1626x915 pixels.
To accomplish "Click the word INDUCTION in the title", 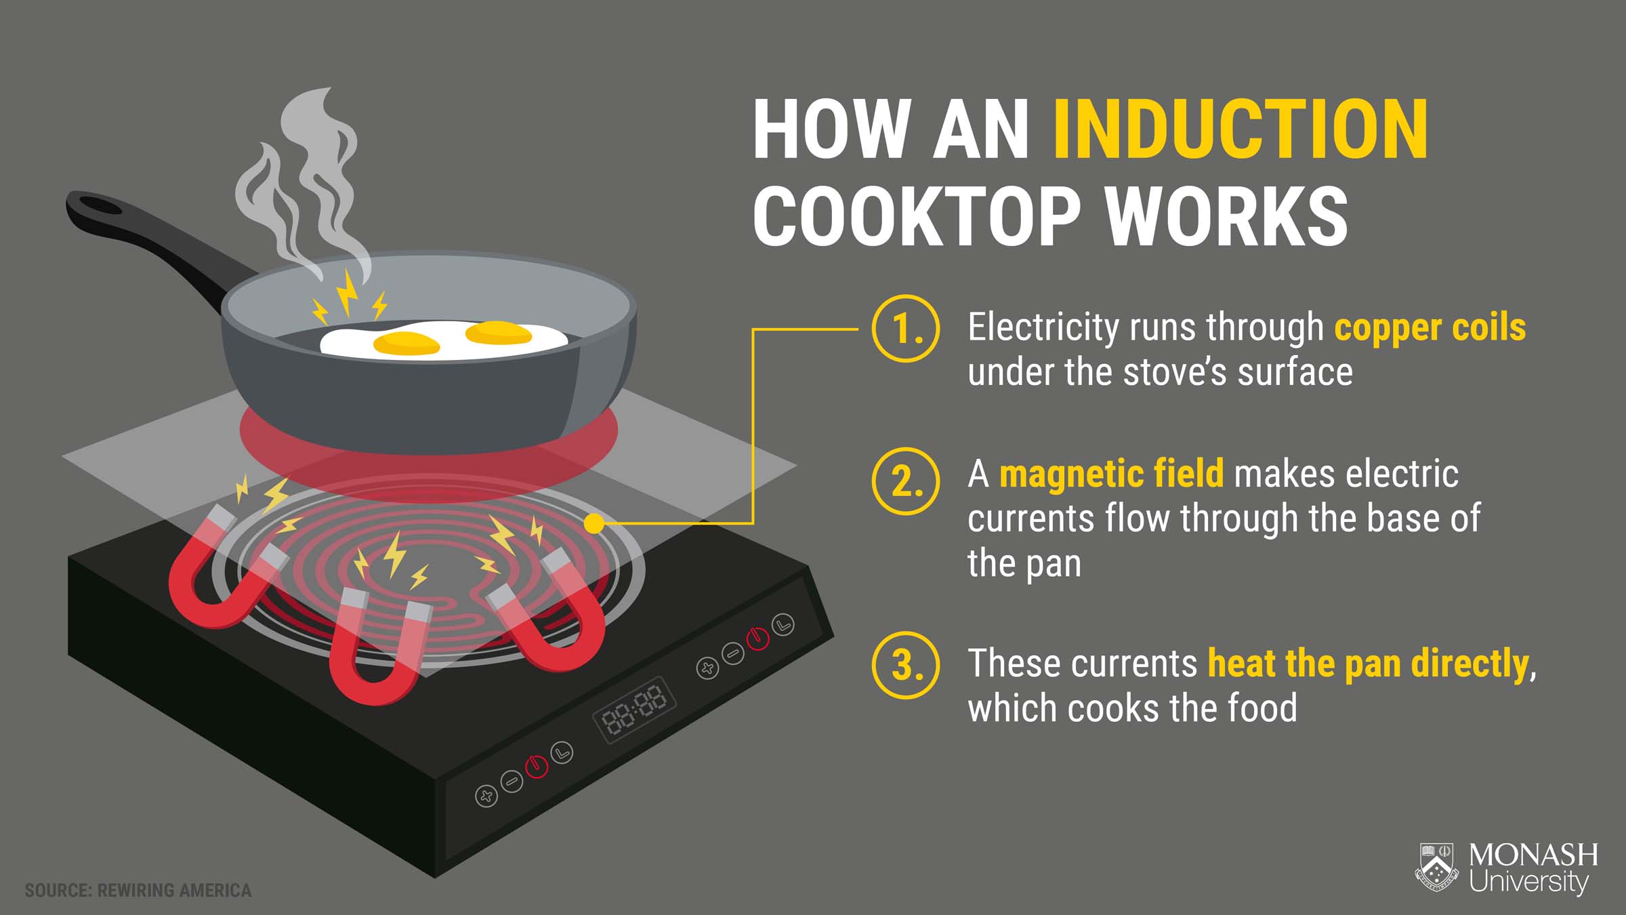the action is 1241,129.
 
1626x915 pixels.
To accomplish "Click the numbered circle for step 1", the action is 906,328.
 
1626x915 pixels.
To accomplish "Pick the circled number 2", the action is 906,481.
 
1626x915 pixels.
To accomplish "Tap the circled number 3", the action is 906,665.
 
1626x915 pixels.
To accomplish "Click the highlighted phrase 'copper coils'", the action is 1430,328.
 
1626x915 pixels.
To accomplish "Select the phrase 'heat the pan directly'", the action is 1369,664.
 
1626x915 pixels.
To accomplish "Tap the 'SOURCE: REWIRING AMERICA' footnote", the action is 138,890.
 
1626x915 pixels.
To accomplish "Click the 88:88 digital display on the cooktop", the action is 634,709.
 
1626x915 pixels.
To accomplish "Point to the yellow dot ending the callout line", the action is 594,523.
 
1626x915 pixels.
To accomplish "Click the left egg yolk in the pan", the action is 406,344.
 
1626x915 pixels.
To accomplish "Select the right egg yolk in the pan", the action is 499,332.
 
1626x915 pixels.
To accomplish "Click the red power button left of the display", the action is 537,766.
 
